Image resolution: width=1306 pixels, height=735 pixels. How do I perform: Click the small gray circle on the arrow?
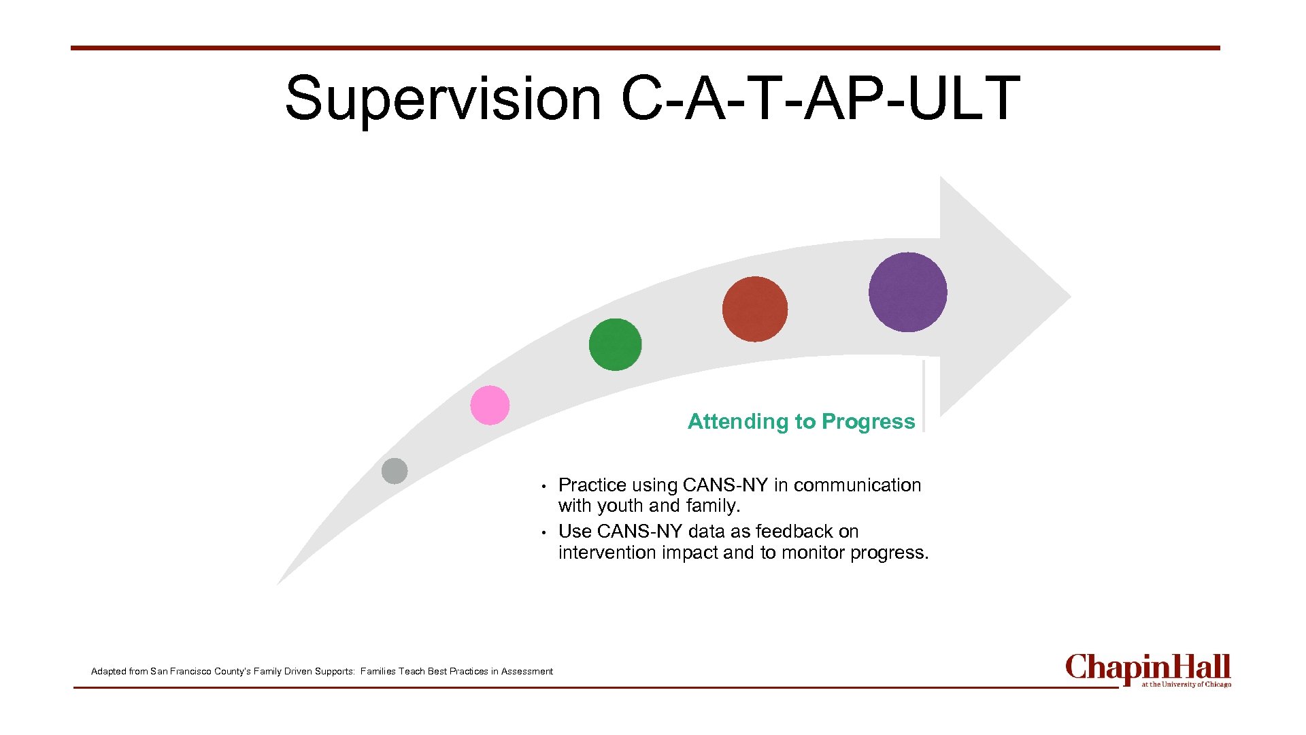click(x=395, y=471)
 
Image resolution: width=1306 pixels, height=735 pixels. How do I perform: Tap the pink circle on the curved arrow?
click(x=490, y=405)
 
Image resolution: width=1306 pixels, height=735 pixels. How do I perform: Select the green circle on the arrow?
click(x=615, y=344)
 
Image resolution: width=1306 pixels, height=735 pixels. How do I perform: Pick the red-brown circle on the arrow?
click(x=755, y=309)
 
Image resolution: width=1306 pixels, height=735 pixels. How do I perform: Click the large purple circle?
click(x=907, y=292)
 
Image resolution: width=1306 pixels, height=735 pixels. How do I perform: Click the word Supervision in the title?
click(x=443, y=99)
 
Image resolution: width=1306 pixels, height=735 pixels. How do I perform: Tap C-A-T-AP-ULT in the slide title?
click(x=820, y=99)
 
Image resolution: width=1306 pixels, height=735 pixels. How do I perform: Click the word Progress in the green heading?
click(x=868, y=422)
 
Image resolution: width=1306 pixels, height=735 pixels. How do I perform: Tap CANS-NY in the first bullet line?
click(x=725, y=485)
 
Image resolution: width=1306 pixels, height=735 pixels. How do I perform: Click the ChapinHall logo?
click(x=1148, y=670)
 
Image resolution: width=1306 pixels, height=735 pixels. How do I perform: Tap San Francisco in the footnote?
click(x=181, y=672)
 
